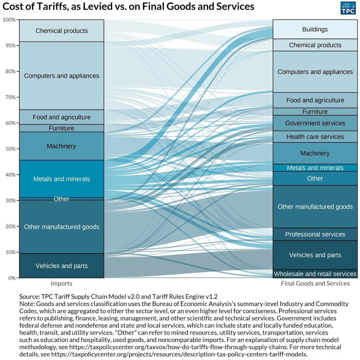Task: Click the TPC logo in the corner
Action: pos(348,8)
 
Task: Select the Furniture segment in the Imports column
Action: pos(61,128)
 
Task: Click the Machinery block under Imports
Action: pos(61,146)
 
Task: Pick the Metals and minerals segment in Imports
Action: pos(61,179)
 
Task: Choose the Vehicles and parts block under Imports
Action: pos(61,266)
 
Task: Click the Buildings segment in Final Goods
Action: pos(315,29)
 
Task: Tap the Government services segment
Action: pos(315,123)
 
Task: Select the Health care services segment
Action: pos(315,137)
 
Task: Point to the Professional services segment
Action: pos(315,234)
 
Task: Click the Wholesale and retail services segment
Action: pos(315,274)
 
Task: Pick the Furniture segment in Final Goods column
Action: pos(315,112)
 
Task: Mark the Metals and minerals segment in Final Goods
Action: pos(315,168)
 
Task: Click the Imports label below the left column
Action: pos(61,283)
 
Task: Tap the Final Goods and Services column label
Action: pos(315,283)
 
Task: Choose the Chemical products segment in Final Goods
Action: pos(315,45)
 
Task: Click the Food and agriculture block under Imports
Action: pos(61,117)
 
